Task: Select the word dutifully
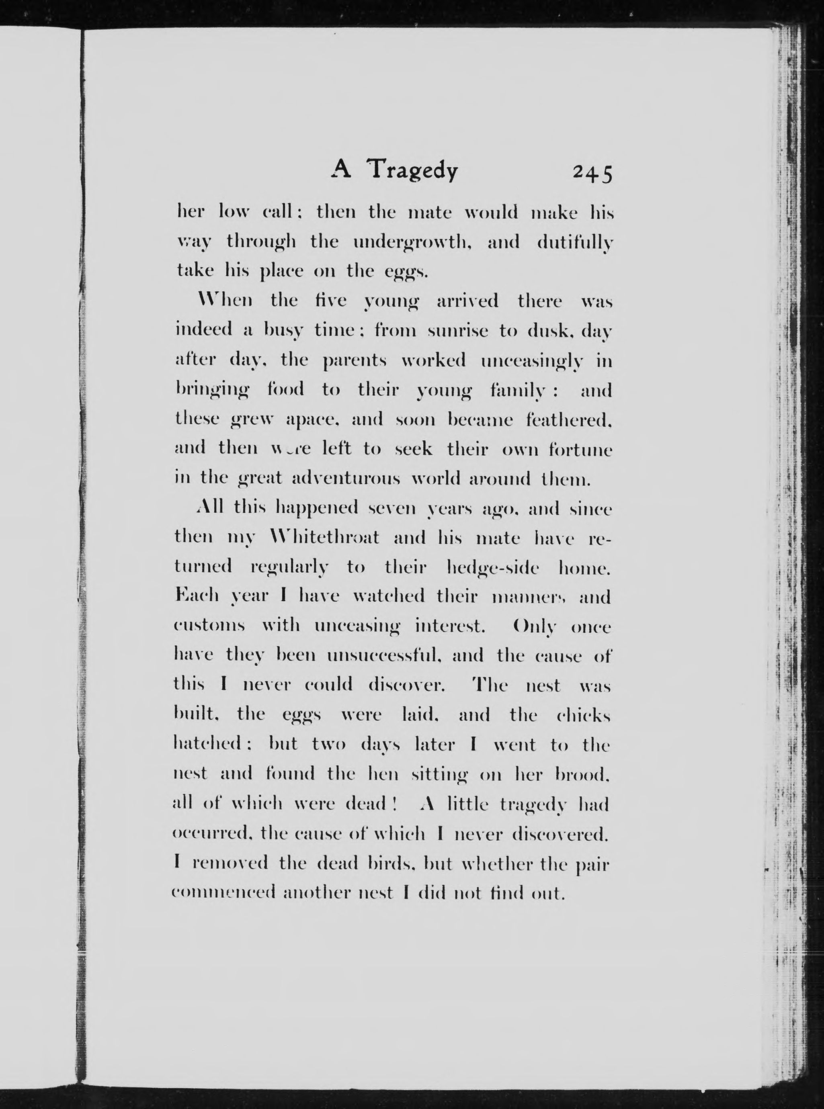click(x=575, y=243)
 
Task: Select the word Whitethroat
click(x=324, y=538)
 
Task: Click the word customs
click(x=209, y=626)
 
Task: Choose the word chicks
click(x=583, y=715)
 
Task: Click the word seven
click(x=392, y=508)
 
